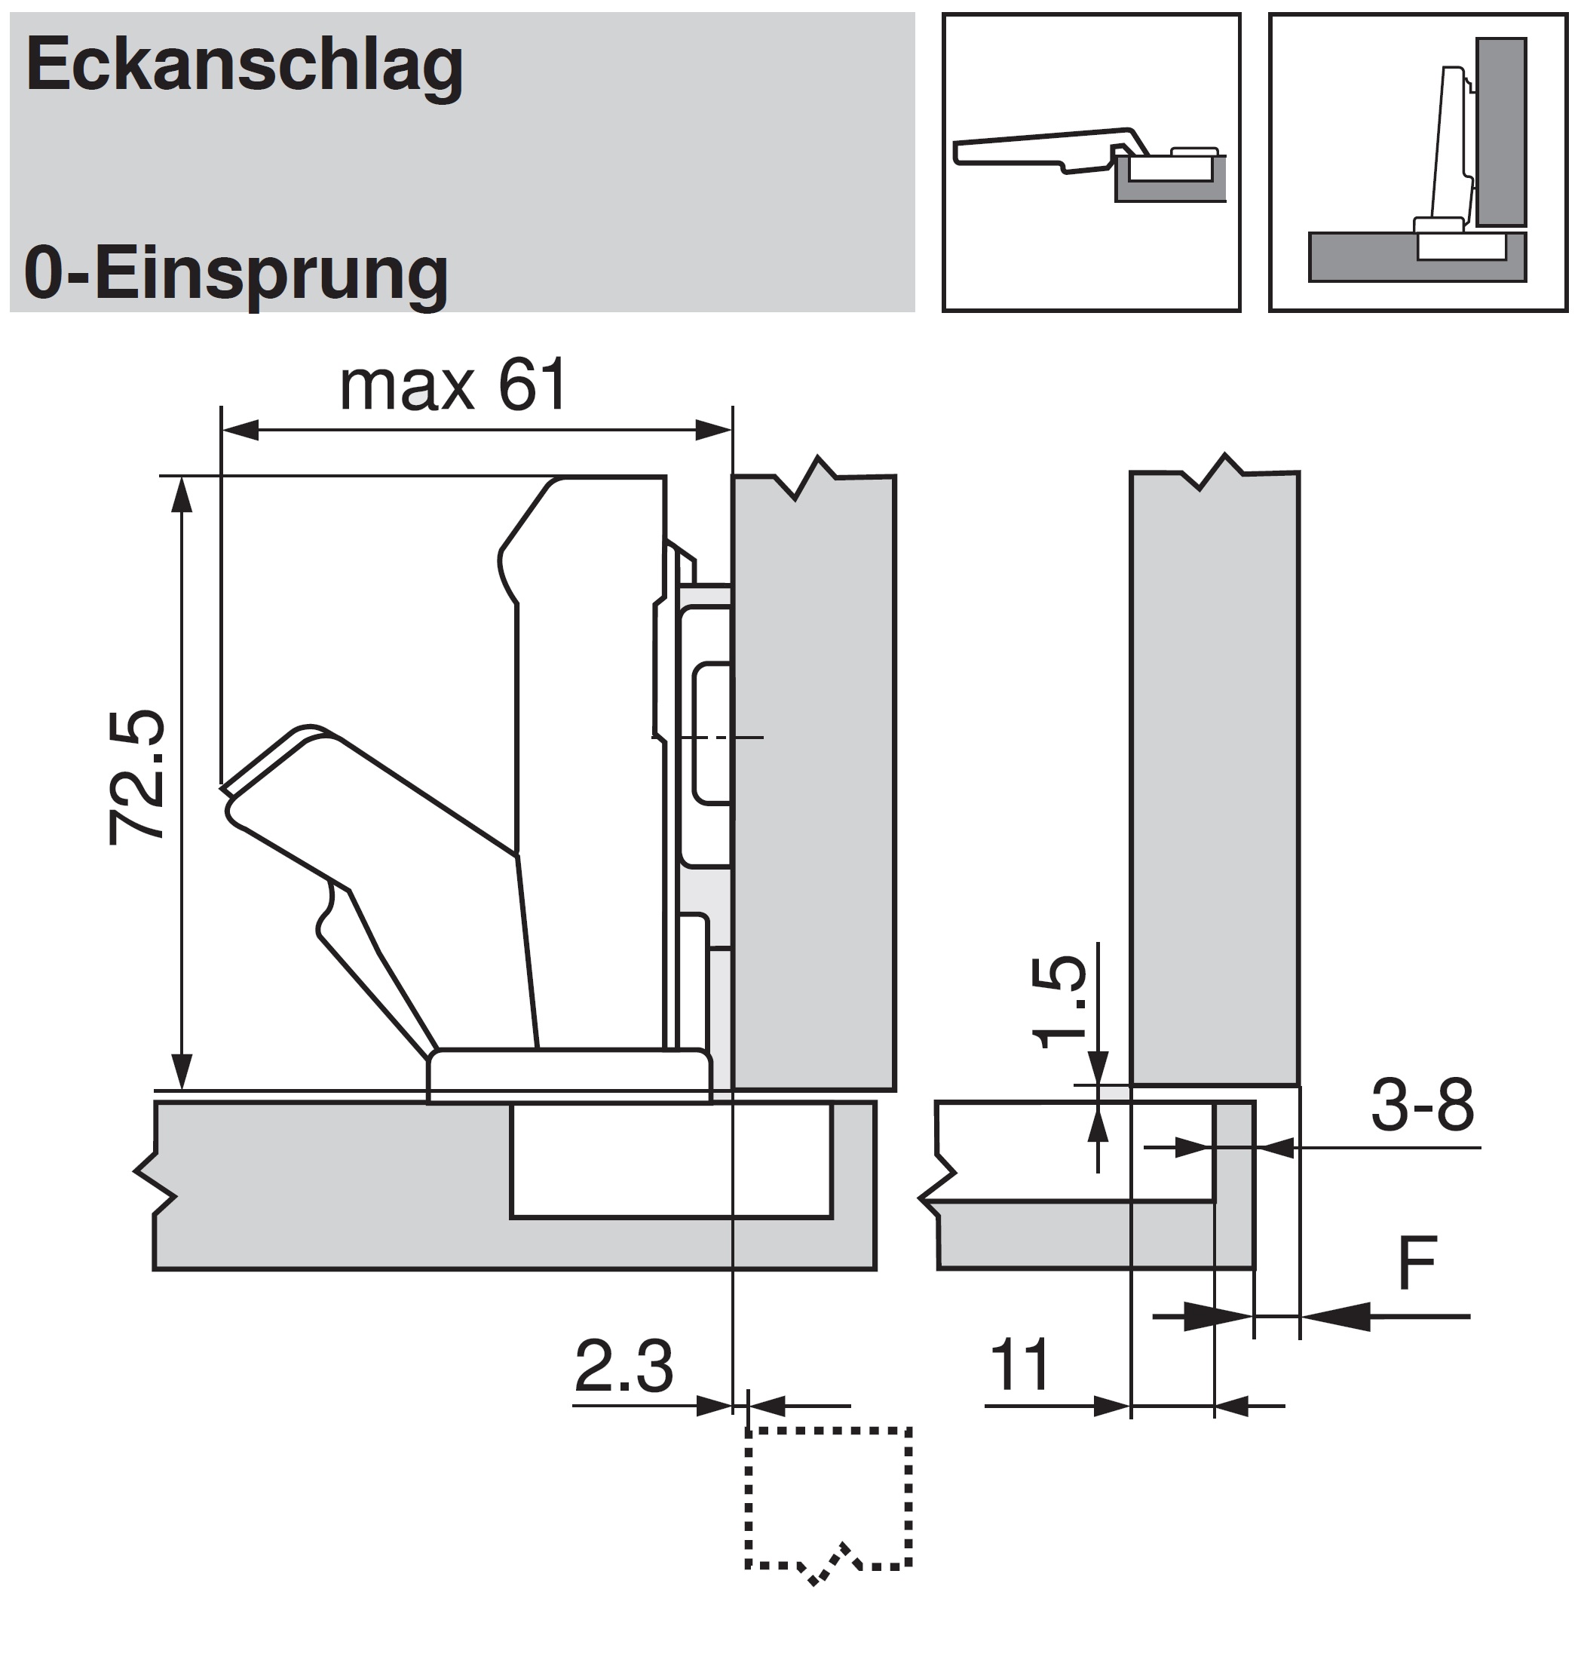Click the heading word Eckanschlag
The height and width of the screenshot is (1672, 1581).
pos(244,66)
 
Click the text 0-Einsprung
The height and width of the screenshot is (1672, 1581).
pos(236,274)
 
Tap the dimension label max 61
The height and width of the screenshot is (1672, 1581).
pos(452,386)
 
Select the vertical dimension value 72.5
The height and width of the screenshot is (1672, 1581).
pos(136,778)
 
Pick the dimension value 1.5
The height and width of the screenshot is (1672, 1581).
pos(1059,1002)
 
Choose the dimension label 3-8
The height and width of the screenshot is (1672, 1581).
pos(1423,1106)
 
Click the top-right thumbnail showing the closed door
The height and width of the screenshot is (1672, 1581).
pos(1417,163)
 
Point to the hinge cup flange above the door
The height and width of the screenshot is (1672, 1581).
pos(569,1075)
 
